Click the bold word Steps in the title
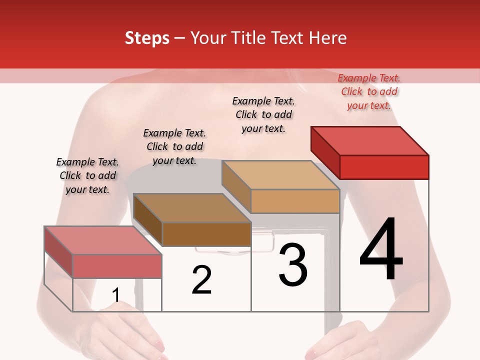(x=147, y=38)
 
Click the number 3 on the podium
(x=293, y=265)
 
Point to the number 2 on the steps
(x=202, y=280)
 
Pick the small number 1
(x=116, y=295)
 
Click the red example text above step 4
(x=369, y=91)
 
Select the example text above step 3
(x=263, y=114)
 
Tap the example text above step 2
(x=174, y=146)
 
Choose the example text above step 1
(x=87, y=175)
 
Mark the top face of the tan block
(x=280, y=175)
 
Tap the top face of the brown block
(x=192, y=207)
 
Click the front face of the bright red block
(x=384, y=167)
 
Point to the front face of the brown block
(x=206, y=234)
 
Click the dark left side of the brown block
(x=148, y=220)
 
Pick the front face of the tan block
(x=295, y=201)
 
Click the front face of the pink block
(x=117, y=266)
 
